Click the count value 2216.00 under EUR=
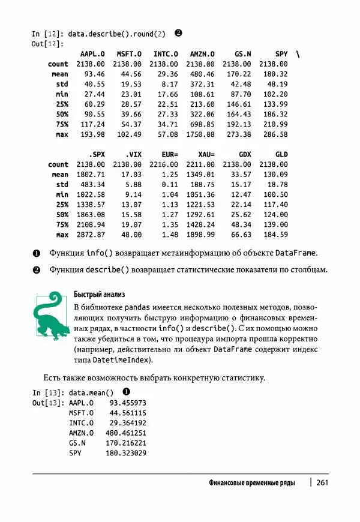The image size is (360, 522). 164,164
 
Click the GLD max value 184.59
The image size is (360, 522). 275,235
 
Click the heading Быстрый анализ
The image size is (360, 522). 99,294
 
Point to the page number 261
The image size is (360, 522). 322,482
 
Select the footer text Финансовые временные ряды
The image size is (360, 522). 251,482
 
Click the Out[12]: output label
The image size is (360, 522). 46,44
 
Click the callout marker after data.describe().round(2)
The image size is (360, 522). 178,33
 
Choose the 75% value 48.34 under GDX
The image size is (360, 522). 241,224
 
